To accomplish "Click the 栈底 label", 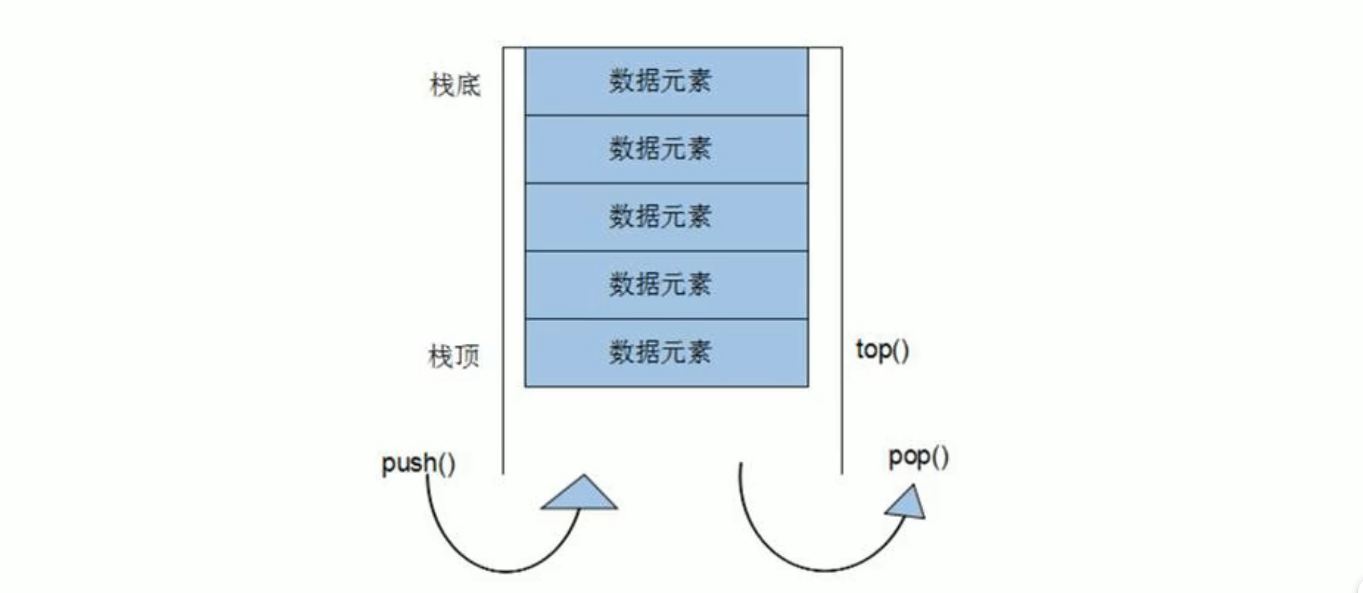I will [x=454, y=85].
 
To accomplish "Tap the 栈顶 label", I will [x=454, y=356].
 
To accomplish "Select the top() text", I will [x=882, y=350].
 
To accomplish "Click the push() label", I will [x=418, y=463].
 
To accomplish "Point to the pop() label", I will [x=918, y=457].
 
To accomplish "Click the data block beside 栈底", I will [x=666, y=81].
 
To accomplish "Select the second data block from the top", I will [x=666, y=149].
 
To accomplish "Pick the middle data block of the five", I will [x=666, y=216].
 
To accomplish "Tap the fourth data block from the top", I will [x=666, y=284].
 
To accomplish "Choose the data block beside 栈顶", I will [x=666, y=352].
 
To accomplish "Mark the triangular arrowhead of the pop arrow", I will [x=907, y=504].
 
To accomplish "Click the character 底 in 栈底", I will [x=468, y=85].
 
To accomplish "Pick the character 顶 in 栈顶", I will [x=468, y=356].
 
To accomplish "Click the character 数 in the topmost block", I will [x=621, y=81].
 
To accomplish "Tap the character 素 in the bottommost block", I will [x=699, y=352].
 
